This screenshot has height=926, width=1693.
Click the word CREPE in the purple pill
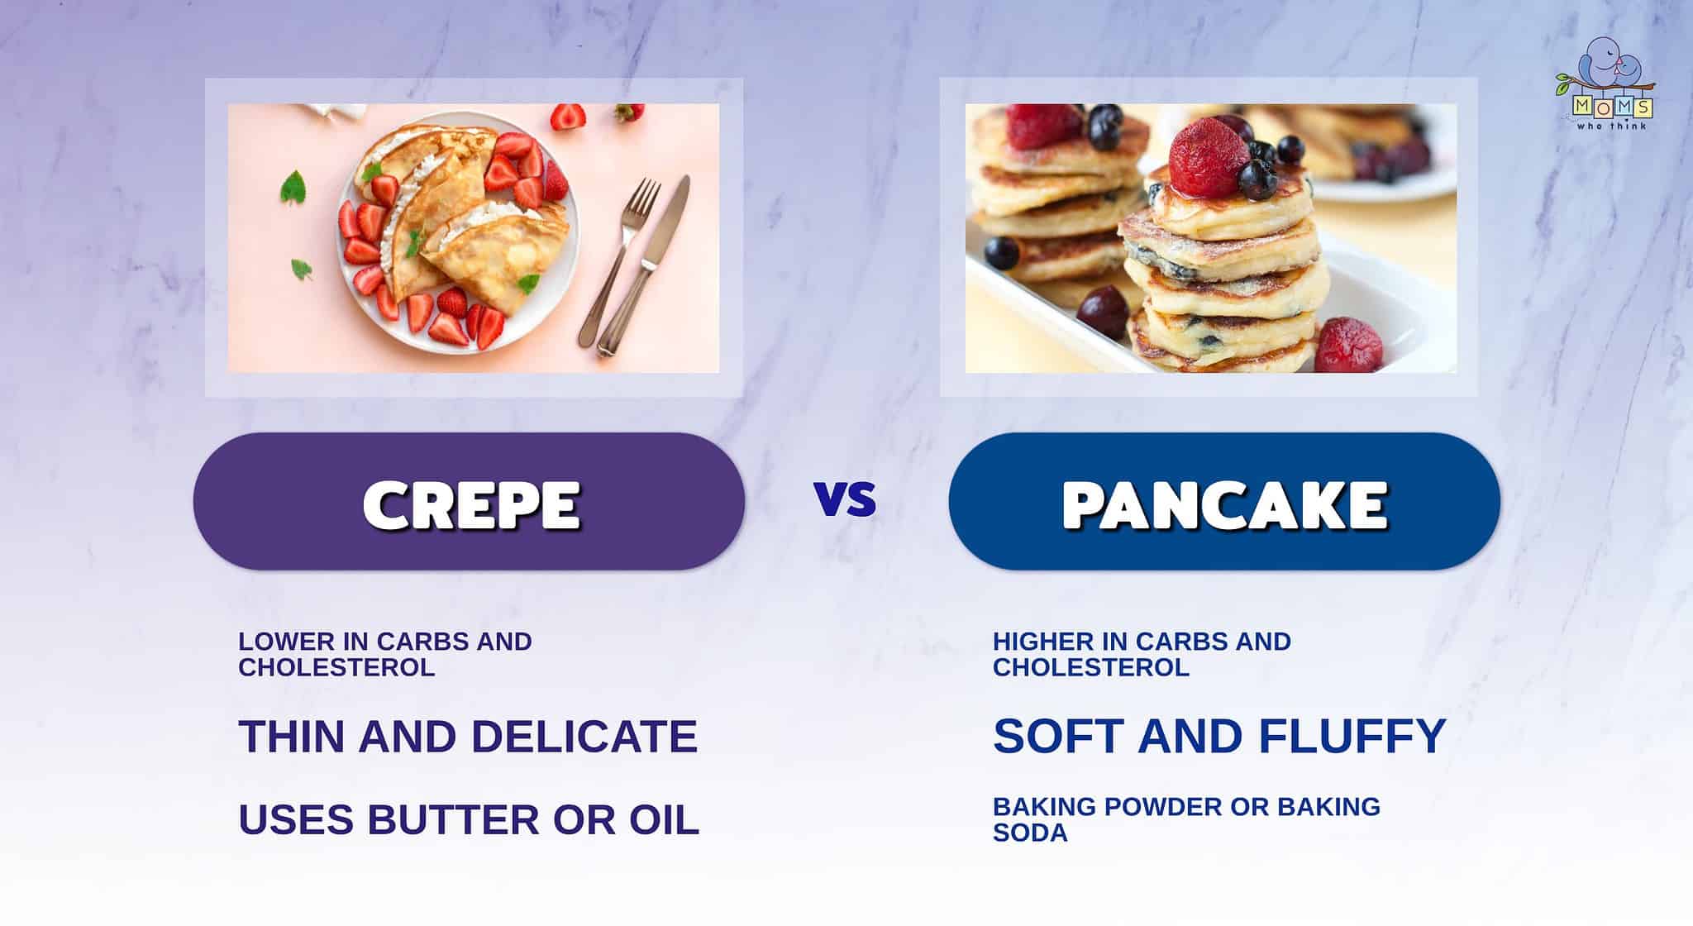tap(471, 504)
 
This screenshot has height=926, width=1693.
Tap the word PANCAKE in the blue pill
tap(1224, 504)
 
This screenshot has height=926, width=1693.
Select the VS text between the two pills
tap(845, 499)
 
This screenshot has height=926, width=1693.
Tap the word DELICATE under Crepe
tap(584, 736)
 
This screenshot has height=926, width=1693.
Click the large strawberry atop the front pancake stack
tap(1208, 159)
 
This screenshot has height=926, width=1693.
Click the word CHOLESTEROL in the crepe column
tap(336, 667)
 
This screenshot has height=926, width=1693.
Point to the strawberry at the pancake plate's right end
tap(1348, 345)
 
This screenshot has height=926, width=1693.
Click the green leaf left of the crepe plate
tap(293, 188)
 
